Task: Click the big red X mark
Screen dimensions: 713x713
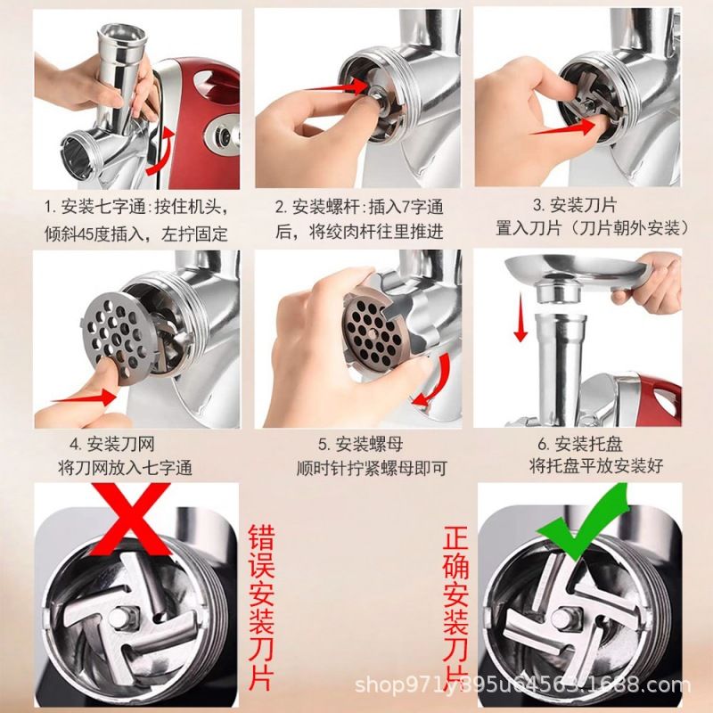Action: point(131,519)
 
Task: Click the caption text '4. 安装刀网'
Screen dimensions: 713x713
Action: point(112,444)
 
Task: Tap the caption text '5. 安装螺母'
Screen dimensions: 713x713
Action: point(360,444)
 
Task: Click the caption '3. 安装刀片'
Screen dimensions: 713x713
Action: point(574,205)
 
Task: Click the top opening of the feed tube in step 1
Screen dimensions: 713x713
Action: point(123,34)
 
